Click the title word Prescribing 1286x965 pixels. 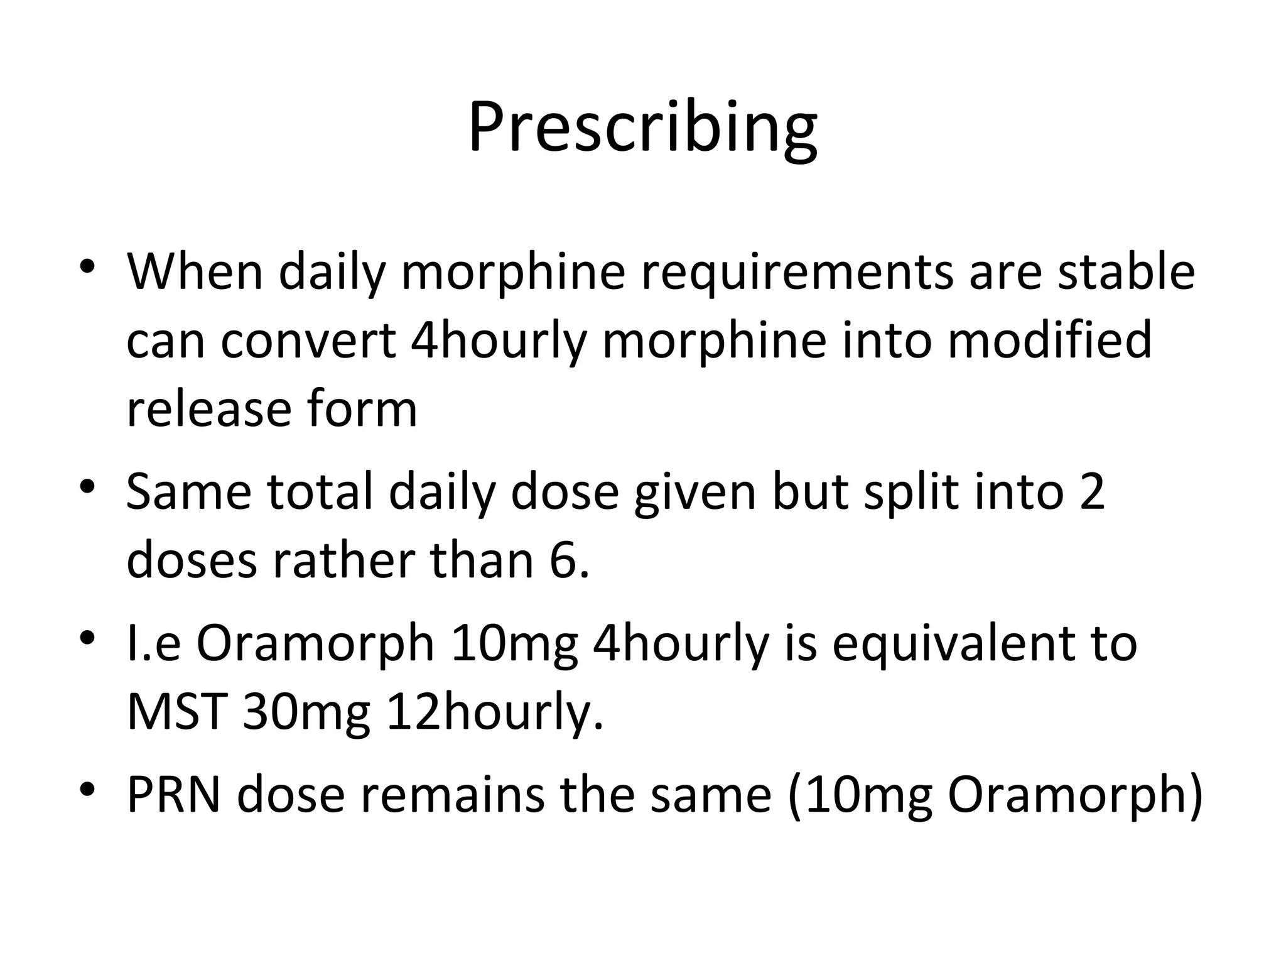[x=642, y=129]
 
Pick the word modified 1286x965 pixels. [x=1049, y=341]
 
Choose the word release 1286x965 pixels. [x=207, y=410]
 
